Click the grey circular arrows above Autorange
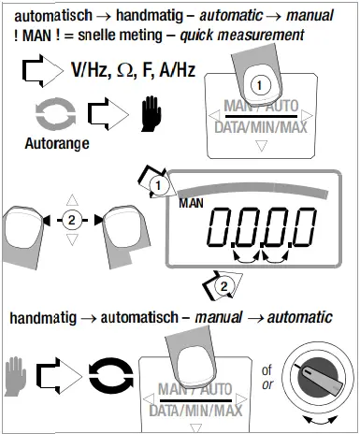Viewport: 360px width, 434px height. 47,118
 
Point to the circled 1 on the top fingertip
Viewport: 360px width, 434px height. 264,83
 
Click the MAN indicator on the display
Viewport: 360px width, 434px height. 191,202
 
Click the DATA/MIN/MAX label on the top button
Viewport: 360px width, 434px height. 263,126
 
